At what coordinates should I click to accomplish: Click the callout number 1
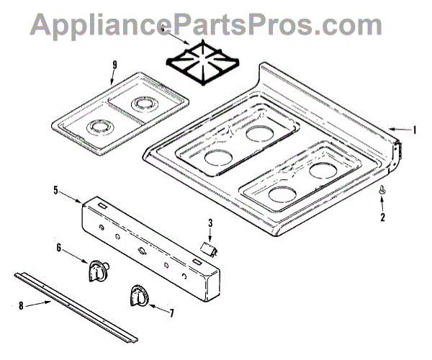(x=415, y=130)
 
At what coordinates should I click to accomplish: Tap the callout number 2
(x=383, y=215)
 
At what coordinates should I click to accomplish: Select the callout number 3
(x=210, y=224)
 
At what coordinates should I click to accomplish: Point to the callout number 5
(x=56, y=190)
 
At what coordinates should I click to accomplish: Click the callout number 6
(x=59, y=247)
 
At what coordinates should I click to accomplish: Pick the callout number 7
(x=171, y=312)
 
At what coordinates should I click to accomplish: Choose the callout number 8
(x=21, y=305)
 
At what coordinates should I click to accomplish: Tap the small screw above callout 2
(x=382, y=192)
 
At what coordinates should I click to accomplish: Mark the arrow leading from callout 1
(x=400, y=130)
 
